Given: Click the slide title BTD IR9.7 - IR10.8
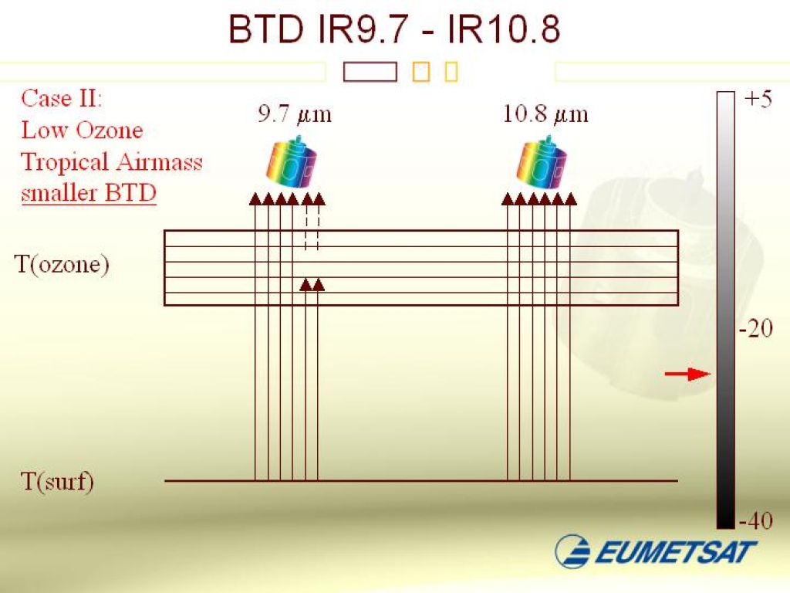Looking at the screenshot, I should click(394, 29).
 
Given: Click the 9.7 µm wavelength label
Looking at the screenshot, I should click(294, 115).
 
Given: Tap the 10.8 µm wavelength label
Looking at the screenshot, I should click(545, 115).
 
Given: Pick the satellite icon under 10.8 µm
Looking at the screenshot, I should click(545, 163).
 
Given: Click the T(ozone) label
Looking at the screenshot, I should click(62, 265).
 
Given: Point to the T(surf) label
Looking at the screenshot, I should click(56, 483).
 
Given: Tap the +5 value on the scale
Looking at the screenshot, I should click(758, 100).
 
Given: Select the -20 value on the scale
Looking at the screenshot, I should click(755, 329).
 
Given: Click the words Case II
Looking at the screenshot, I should click(61, 99).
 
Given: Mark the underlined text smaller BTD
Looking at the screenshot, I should click(89, 193).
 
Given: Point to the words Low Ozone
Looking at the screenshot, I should click(82, 130).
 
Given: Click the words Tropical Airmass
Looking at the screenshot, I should click(112, 161).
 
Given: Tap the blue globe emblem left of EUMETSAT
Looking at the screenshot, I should click(573, 551).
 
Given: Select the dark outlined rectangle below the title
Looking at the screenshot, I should click(370, 72).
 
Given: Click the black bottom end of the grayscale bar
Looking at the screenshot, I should click(725, 519).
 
